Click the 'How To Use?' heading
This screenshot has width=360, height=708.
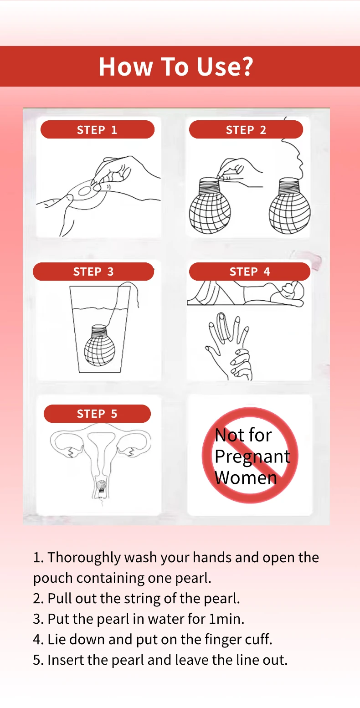[175, 67]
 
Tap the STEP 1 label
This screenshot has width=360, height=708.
[97, 130]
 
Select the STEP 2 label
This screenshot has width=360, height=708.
[246, 130]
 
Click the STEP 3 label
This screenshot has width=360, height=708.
[93, 272]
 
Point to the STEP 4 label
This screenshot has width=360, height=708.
[249, 272]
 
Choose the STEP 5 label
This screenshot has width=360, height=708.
[97, 414]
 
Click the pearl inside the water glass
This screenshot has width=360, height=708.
[100, 345]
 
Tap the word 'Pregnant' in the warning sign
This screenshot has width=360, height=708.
[252, 457]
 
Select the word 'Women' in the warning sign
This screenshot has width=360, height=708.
[246, 477]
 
